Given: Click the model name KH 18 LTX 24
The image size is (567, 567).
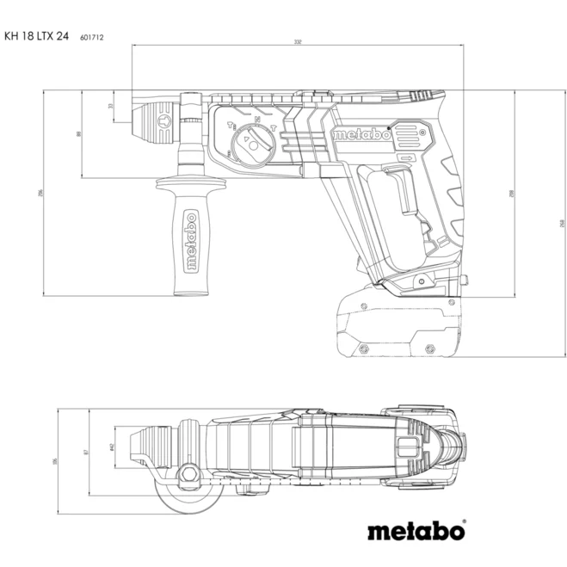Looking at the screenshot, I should click(x=36, y=37).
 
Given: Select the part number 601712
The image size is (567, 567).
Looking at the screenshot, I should click(x=92, y=38).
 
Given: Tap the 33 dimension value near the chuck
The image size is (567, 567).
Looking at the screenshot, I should click(x=110, y=106).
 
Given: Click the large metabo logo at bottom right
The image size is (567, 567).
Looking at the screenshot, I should click(x=416, y=532).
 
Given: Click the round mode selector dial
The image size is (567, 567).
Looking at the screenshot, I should click(x=253, y=141).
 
